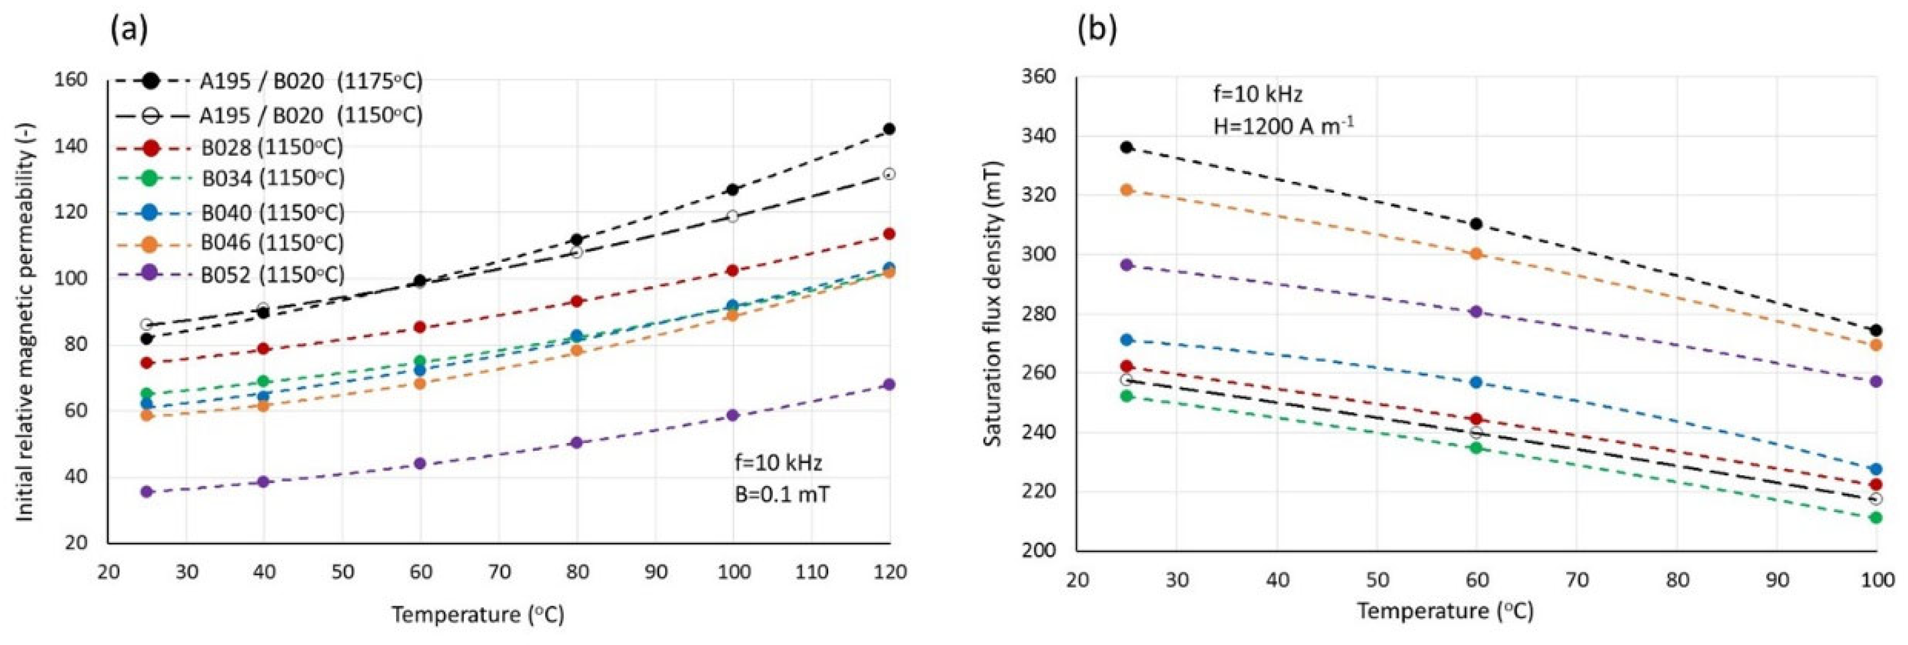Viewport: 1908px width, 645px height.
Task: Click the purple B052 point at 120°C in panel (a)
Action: [x=889, y=384]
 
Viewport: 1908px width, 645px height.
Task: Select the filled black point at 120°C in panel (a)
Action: [x=889, y=129]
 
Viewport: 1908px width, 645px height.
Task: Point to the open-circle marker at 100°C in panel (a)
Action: [x=733, y=216]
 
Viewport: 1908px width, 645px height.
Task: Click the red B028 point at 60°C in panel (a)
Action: [x=420, y=327]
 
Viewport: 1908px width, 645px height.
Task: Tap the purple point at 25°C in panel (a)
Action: [x=147, y=491]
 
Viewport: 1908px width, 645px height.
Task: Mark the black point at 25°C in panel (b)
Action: [x=1126, y=147]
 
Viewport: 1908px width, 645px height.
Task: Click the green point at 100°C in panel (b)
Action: [x=1875, y=518]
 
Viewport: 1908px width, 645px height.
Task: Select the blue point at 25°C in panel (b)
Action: [x=1126, y=340]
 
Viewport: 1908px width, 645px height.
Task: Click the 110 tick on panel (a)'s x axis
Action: [x=811, y=572]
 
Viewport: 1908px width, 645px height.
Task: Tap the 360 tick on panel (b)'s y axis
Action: [x=1039, y=77]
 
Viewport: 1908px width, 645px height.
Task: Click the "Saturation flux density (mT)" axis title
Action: [x=993, y=303]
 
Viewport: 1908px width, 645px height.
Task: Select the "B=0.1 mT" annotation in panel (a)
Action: [x=782, y=494]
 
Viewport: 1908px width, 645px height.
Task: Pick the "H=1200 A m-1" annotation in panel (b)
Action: [x=1283, y=126]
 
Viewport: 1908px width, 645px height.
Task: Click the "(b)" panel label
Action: [x=1096, y=30]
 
